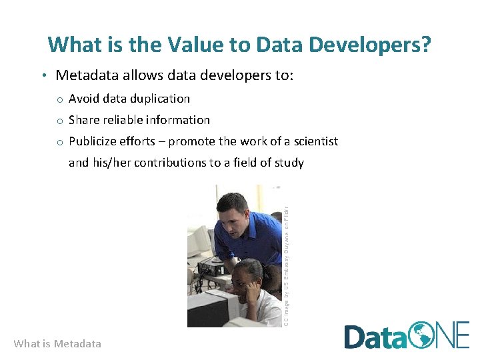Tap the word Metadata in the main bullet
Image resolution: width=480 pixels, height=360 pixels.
click(x=86, y=75)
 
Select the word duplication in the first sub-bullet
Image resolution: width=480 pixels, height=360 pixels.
click(x=160, y=99)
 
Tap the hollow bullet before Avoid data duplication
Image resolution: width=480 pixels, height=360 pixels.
click(x=59, y=99)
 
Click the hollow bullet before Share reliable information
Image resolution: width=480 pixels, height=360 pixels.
click(x=59, y=121)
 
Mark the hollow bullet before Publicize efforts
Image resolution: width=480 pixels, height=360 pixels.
click(x=59, y=142)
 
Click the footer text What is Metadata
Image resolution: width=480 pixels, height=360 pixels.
click(x=57, y=344)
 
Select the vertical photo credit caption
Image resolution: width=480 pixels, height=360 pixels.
click(x=285, y=256)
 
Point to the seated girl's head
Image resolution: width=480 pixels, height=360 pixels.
click(x=248, y=273)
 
